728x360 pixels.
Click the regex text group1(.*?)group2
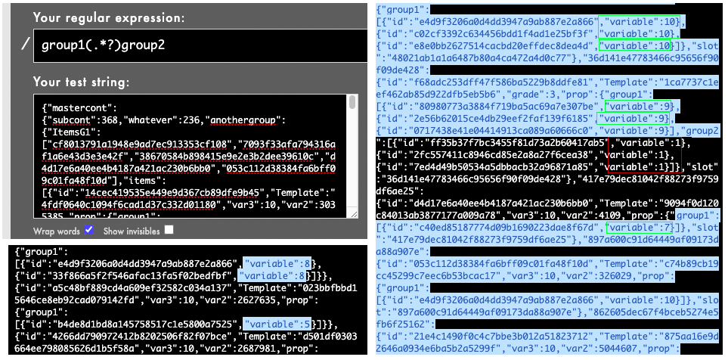pos(104,45)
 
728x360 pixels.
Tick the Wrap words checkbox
pos(89,229)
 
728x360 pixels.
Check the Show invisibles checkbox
pos(169,229)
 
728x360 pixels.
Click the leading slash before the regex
pos(26,45)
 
